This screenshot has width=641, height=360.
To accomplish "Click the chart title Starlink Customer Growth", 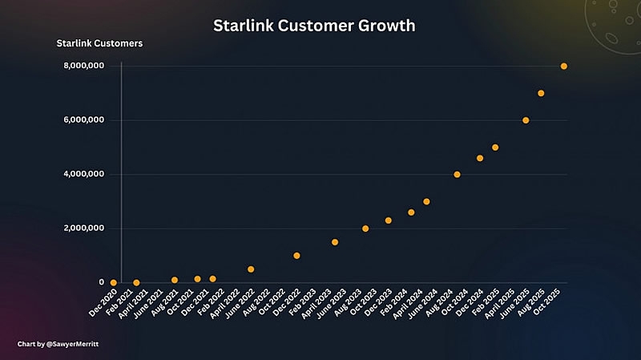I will [x=314, y=26].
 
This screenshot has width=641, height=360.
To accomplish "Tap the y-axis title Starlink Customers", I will [x=99, y=42].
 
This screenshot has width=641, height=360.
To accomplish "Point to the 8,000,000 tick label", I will [x=84, y=66].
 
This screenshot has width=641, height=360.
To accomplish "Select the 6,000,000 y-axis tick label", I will [x=84, y=120].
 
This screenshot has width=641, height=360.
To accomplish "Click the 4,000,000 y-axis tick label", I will [x=84, y=174].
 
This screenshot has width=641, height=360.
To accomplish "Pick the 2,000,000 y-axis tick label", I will [x=84, y=229].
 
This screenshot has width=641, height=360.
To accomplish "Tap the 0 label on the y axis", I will [x=101, y=282].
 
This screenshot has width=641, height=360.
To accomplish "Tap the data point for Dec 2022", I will [x=296, y=256].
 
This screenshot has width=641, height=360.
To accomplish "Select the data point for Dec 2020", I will [x=114, y=282].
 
